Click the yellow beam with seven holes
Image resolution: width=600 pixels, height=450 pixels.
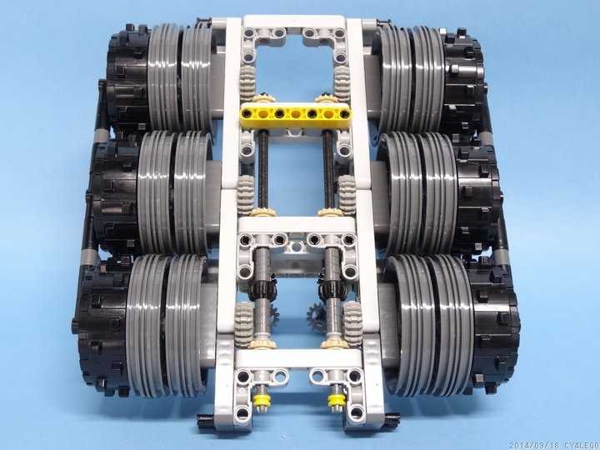pos(295,113)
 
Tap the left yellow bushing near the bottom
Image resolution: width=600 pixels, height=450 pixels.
pos(262,401)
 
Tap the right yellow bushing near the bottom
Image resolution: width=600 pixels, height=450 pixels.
pos(337,400)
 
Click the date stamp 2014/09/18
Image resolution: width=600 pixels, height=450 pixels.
pos(534,446)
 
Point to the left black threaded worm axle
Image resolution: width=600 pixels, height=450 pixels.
pos(262,168)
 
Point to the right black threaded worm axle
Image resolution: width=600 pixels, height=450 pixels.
pos(328,168)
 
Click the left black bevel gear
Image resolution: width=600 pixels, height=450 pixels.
pos(262,291)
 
